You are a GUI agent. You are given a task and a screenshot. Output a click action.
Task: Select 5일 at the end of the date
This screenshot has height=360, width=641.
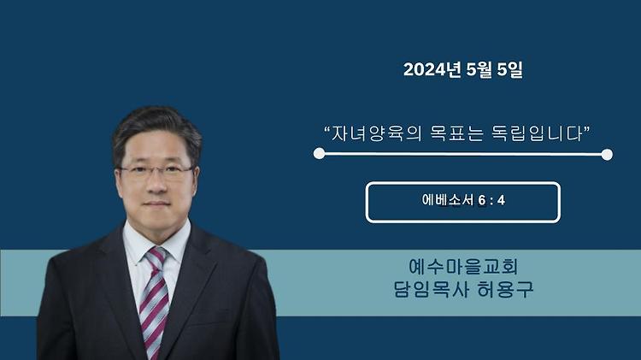pos(509,69)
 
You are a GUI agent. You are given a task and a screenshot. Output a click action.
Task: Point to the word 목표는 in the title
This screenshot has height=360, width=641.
pos(456,133)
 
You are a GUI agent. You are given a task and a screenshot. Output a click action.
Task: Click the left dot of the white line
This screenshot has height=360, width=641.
pos(320,153)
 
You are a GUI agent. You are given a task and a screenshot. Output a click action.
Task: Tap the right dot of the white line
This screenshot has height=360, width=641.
pos(607,154)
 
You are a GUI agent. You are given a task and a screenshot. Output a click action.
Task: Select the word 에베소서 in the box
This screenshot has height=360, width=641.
pos(448,200)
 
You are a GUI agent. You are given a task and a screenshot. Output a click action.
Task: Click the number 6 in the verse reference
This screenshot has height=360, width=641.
pos(481,200)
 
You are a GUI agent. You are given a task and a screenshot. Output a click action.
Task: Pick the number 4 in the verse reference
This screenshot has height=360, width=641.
pos(501,200)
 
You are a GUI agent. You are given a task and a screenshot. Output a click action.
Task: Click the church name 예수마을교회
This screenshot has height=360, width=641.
pos(463,266)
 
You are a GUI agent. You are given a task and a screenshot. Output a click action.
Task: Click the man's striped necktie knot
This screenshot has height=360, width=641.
pos(156,257)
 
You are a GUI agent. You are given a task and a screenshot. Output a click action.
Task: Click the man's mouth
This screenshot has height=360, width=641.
pos(156,204)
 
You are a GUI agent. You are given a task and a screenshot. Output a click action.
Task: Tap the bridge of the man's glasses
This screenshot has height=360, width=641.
pos(156,169)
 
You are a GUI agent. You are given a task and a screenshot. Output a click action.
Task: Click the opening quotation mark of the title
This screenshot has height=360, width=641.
pos(327,129)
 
